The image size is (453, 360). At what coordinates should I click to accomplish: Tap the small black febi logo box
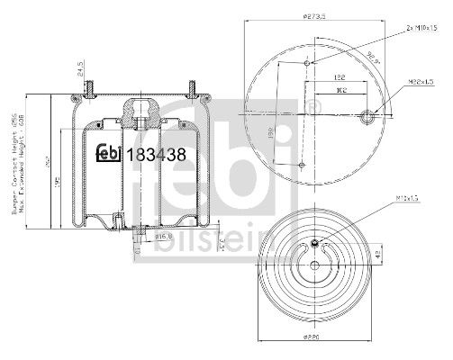110,153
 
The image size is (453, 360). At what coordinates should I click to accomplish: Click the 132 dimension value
341,79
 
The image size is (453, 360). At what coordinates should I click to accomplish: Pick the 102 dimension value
341,91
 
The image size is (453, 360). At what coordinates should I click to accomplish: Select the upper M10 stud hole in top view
310,63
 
